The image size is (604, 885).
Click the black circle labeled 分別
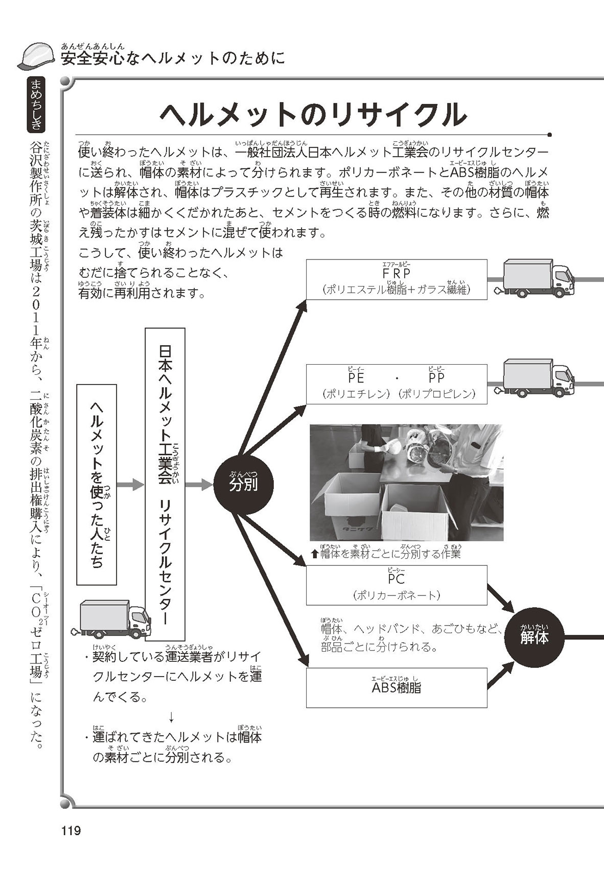[x=243, y=484]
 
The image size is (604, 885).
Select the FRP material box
[x=397, y=279]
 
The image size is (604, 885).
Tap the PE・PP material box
[x=397, y=384]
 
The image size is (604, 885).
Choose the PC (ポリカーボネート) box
[x=397, y=585]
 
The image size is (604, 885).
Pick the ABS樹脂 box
[x=397, y=687]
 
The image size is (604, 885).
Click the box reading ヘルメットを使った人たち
[x=97, y=484]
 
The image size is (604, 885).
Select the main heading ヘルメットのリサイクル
[x=313, y=114]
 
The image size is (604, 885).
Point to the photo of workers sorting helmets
[x=406, y=483]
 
